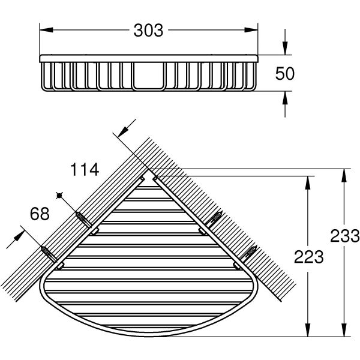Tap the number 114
84,170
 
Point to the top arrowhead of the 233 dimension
343,175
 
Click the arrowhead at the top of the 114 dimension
124,132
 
